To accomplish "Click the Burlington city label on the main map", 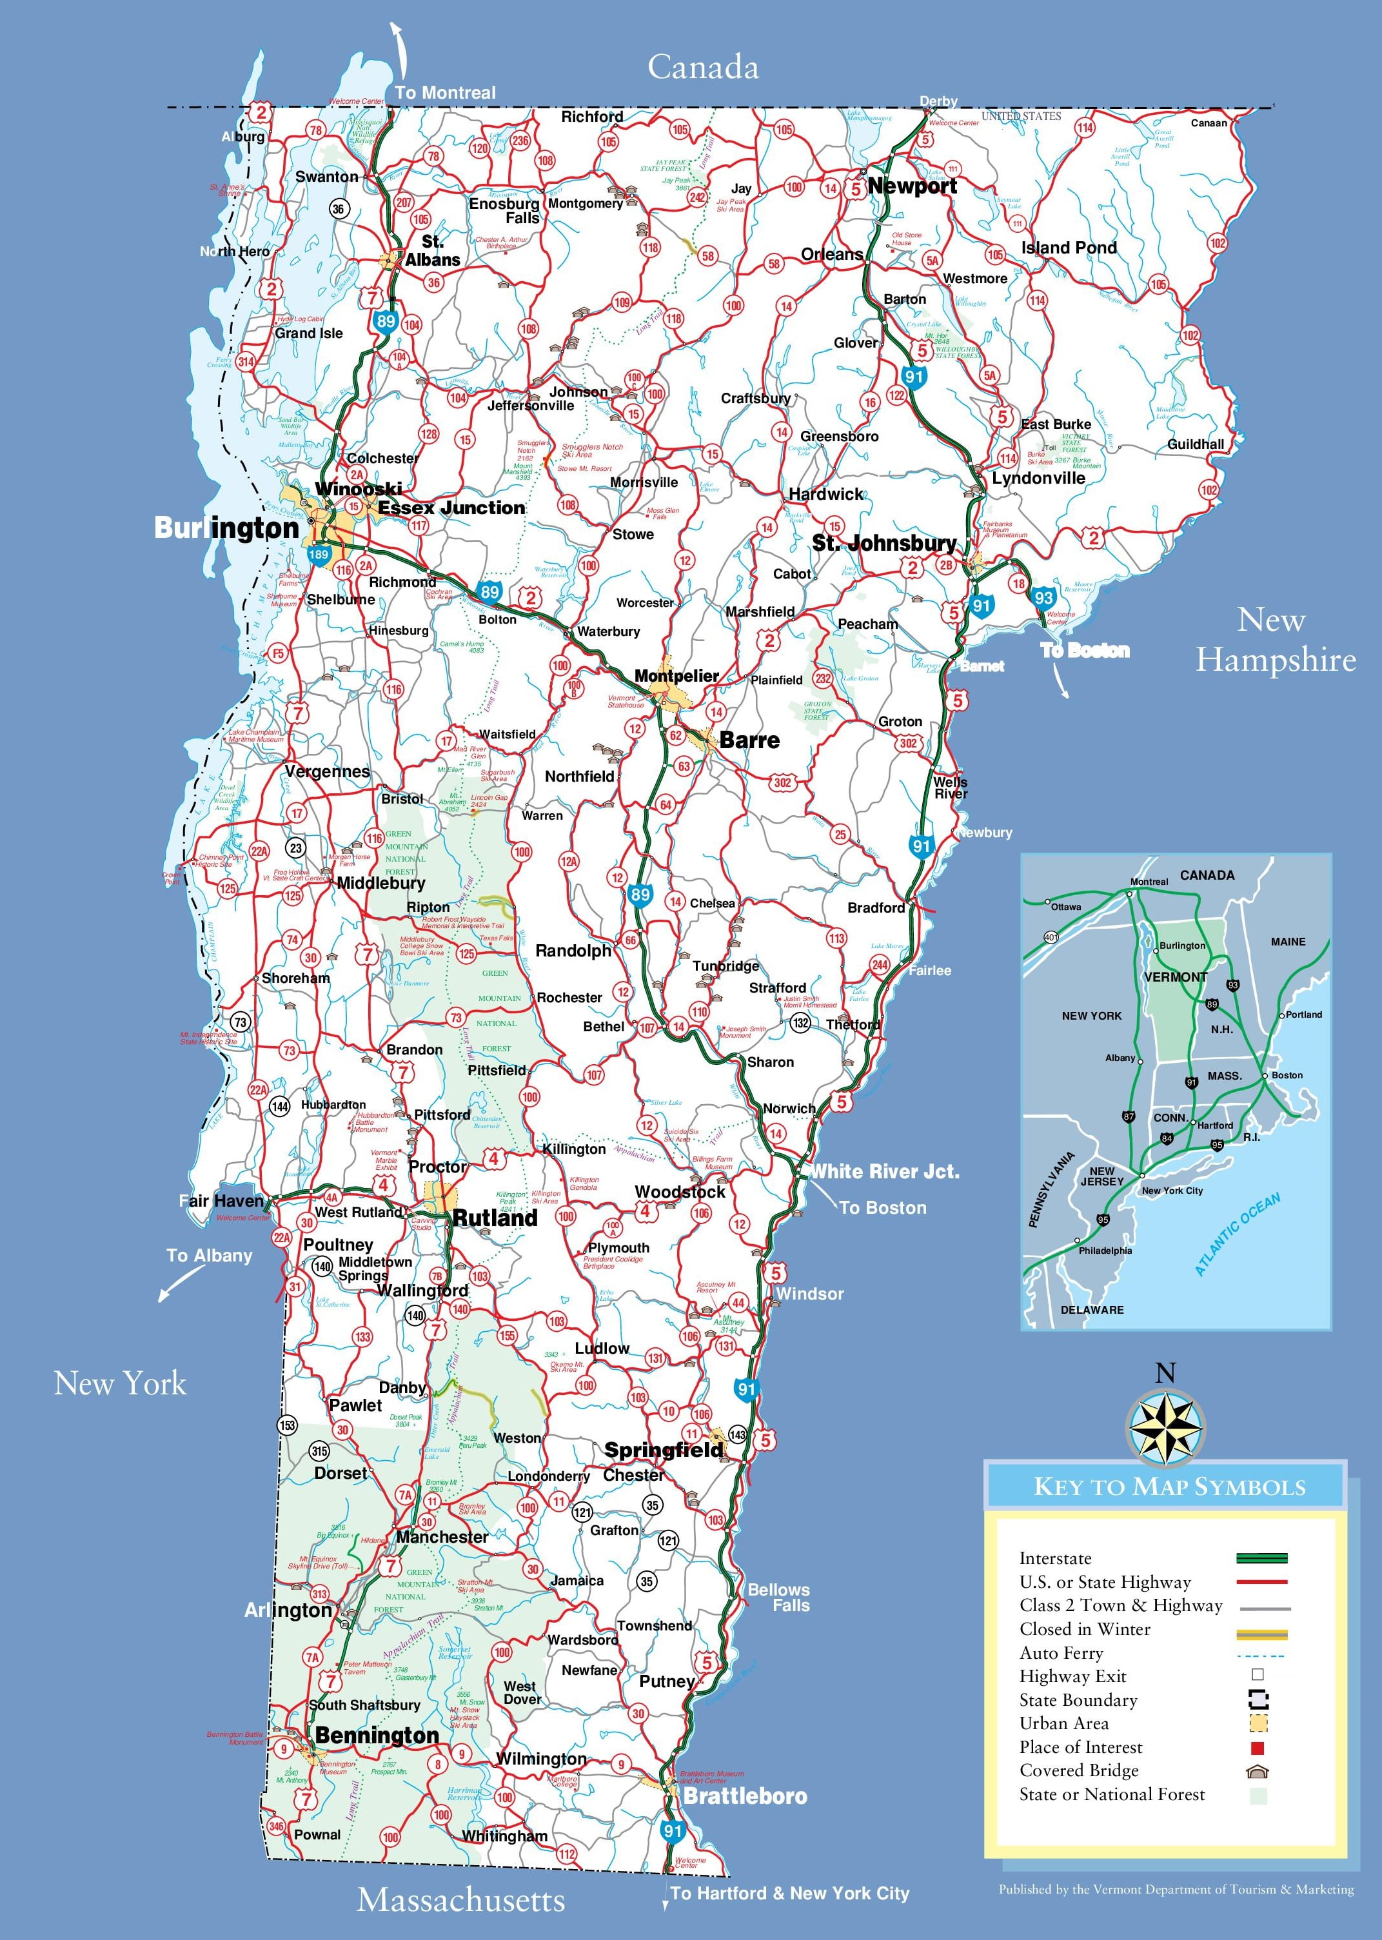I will [x=226, y=528].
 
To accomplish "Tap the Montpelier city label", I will [x=676, y=676].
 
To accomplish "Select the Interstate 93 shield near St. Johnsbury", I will [x=1044, y=597].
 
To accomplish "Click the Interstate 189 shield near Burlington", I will [x=319, y=555].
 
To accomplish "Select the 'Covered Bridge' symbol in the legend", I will [x=1258, y=1770].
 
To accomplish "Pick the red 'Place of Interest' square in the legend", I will [x=1258, y=1748].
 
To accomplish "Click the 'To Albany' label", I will [x=210, y=1256].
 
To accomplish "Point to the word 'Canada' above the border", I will [x=702, y=67].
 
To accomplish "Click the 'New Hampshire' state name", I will [x=1275, y=640].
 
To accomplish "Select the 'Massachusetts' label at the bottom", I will [x=460, y=1900].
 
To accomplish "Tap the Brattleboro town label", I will [x=745, y=1796].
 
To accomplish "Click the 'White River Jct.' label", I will [x=884, y=1172].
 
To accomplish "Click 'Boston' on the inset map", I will [x=1287, y=1076].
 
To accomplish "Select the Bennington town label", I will [x=377, y=1735].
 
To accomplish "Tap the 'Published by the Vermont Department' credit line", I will [x=1175, y=1890].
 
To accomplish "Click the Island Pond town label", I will [x=1069, y=248].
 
